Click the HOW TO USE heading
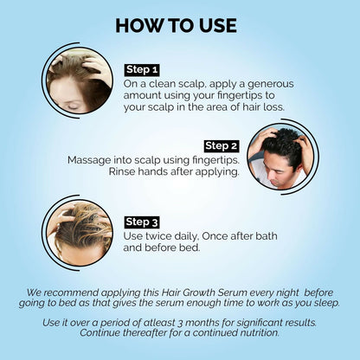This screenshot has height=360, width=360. point(180,24)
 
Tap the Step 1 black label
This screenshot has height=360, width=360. point(143,69)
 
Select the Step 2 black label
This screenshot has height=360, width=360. point(222,145)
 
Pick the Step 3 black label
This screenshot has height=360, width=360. point(143,222)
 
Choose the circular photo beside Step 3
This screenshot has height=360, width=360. point(79,231)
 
